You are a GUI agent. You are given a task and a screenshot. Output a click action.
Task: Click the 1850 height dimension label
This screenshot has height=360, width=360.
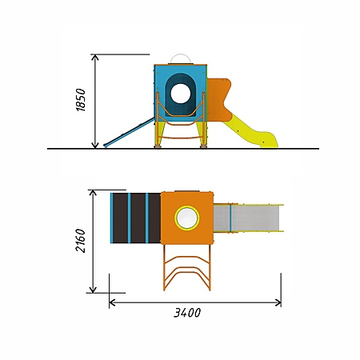81,100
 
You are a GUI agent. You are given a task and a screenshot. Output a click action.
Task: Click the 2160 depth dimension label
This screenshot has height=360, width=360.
81,240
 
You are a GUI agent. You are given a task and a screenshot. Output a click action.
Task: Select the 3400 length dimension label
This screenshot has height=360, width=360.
187,313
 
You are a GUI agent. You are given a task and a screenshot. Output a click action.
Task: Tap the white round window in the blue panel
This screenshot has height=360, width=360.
181,94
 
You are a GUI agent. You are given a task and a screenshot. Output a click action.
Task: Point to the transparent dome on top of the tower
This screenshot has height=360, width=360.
181,58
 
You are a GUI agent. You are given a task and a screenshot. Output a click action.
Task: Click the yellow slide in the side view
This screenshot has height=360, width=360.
250,131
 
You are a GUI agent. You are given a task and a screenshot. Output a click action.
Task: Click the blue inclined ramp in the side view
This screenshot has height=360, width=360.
129,133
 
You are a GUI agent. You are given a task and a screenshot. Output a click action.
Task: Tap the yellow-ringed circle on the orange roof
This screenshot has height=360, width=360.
187,218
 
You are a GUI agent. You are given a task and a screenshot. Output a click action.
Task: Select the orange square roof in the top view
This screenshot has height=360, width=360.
187,218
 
